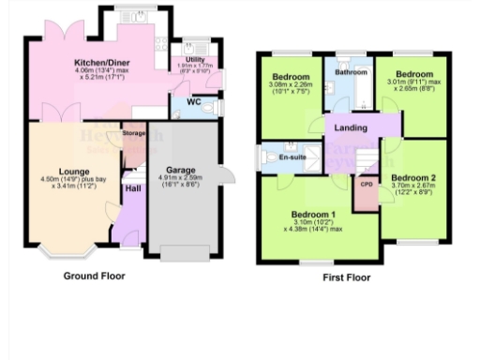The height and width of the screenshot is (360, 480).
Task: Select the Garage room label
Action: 181,171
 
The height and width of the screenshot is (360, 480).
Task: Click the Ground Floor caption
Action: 94,277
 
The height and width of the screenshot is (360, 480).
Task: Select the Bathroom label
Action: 352,72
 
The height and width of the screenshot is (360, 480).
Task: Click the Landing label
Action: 352,127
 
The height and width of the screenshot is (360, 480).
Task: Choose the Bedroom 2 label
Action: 414,177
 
